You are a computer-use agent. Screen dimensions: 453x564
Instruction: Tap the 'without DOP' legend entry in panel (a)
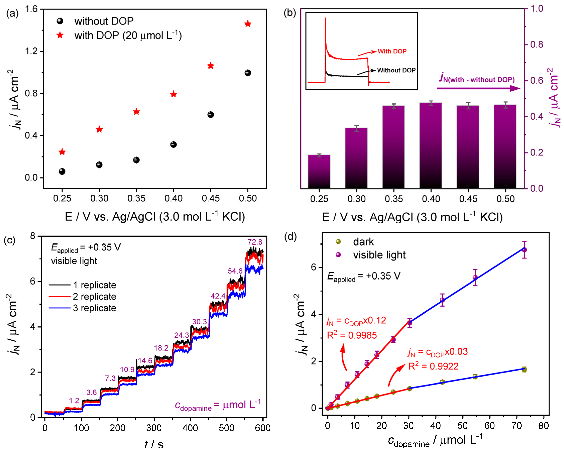tap(104, 21)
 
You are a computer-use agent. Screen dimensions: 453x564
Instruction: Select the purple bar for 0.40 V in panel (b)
tap(431, 145)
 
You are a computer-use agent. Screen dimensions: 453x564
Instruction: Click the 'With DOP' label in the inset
tap(392, 51)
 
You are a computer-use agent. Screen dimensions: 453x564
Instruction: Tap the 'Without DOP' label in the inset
tap(396, 70)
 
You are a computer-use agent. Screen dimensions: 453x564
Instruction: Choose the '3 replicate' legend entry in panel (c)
tap(94, 308)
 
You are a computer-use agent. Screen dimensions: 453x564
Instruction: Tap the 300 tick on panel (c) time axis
tap(154, 428)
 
